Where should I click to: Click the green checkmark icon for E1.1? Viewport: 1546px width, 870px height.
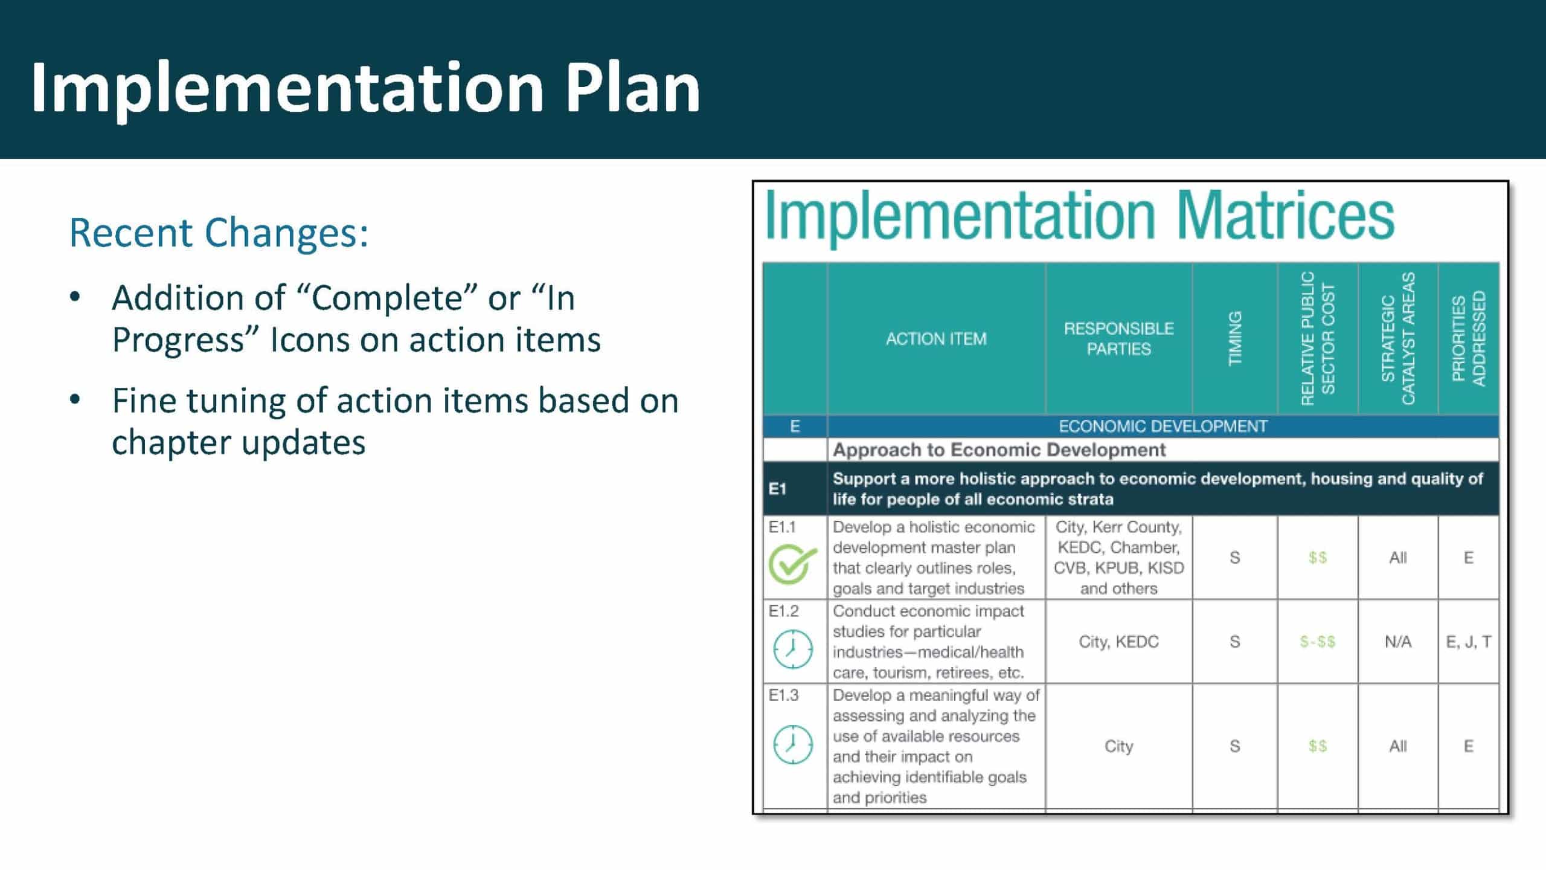point(791,564)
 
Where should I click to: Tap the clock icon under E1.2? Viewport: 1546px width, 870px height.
point(793,649)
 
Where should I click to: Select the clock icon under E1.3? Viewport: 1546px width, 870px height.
point(793,744)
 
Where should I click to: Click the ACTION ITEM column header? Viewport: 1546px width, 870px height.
point(936,339)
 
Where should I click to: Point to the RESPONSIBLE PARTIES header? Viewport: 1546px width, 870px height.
point(1118,339)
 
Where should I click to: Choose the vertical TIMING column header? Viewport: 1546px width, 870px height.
point(1235,338)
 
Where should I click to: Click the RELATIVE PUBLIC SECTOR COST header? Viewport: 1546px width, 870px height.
point(1318,338)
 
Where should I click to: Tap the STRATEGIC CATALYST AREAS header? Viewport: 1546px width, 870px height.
point(1398,338)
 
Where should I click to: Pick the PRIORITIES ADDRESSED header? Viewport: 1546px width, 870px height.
point(1469,338)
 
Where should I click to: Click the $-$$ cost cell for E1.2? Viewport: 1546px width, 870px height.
point(1318,642)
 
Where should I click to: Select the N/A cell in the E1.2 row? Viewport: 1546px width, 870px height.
point(1398,642)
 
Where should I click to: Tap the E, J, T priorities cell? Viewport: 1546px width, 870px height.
point(1469,642)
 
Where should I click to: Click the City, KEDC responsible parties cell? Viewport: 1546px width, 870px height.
point(1118,642)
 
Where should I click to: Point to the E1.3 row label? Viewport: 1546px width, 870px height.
point(783,695)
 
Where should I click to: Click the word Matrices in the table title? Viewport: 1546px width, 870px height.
point(1286,216)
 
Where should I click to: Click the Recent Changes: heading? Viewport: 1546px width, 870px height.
point(219,233)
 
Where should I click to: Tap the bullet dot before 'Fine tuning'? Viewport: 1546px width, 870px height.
point(74,399)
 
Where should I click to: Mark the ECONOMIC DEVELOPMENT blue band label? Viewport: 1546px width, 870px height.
point(1163,427)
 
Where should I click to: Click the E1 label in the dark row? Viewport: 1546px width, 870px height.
point(777,489)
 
